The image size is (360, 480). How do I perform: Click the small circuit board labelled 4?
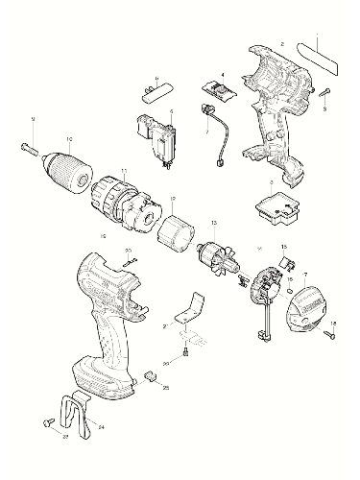pyautogui.click(x=221, y=90)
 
